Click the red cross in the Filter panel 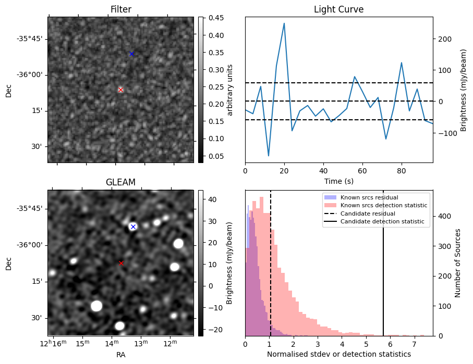pos(120,90)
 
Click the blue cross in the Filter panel pos(131,54)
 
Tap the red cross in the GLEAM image pos(121,263)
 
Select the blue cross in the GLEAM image pos(133,227)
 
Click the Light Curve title pos(338,9)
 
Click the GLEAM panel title pos(120,182)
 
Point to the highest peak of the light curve pos(284,23)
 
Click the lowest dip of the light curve pos(269,156)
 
